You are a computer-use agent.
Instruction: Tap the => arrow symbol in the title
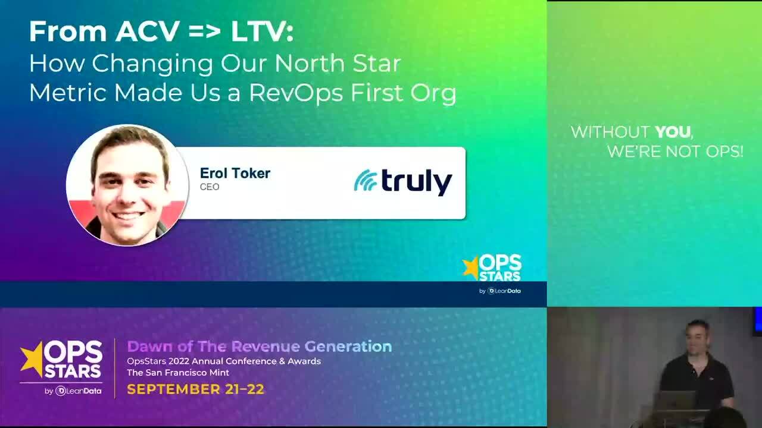[x=205, y=32]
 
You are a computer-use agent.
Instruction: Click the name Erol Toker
[x=235, y=173]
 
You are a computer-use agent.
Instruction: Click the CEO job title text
[x=210, y=187]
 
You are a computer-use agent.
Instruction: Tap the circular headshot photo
[x=127, y=185]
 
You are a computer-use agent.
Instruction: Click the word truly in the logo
[x=417, y=181]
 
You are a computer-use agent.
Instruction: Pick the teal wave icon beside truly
[x=366, y=181]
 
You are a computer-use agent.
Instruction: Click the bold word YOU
[x=673, y=132]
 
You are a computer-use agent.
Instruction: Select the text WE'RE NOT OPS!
[x=675, y=152]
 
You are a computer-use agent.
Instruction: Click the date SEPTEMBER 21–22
[x=195, y=390]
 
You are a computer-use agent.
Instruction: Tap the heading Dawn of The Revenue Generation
[x=260, y=346]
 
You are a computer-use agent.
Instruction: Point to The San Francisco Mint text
[x=178, y=373]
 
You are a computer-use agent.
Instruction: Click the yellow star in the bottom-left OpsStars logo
[x=32, y=358]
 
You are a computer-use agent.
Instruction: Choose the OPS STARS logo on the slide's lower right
[x=492, y=268]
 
